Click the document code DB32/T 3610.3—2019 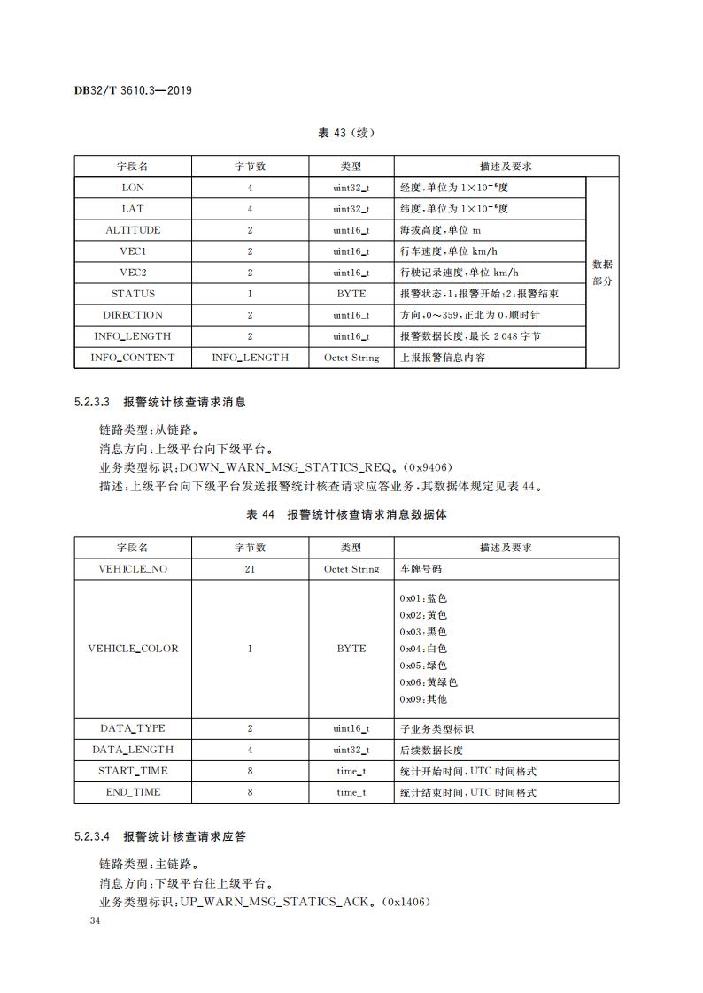click(134, 91)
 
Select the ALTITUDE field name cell click(133, 230)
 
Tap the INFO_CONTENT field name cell click(133, 358)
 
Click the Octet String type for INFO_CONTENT click(351, 358)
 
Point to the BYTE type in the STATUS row click(351, 294)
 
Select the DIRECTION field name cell click(133, 315)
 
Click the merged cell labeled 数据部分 click(602, 273)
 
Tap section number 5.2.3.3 click(92, 402)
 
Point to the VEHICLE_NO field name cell click(133, 569)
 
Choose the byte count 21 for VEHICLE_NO click(250, 569)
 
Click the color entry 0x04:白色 click(423, 649)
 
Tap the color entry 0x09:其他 click(423, 699)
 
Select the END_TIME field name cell click(133, 792)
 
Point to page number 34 click(97, 921)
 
